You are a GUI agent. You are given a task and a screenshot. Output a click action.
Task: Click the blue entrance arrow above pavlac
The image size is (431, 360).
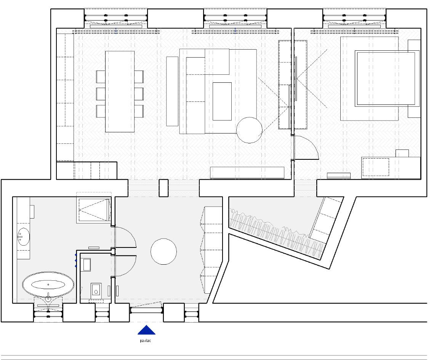pyautogui.click(x=146, y=330)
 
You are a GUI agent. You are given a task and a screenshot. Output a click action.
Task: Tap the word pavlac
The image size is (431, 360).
pyautogui.click(x=146, y=341)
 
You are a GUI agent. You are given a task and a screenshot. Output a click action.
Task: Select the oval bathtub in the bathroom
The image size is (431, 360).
pyautogui.click(x=48, y=284)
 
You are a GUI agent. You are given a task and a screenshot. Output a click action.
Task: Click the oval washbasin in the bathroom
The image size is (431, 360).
pyautogui.click(x=23, y=236)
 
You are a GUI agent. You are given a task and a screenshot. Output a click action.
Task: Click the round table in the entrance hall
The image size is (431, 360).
pyautogui.click(x=163, y=252)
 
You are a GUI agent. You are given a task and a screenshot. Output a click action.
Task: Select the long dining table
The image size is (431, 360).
pyautogui.click(x=120, y=91)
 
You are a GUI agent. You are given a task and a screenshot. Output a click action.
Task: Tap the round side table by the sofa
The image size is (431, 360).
pyautogui.click(x=249, y=130)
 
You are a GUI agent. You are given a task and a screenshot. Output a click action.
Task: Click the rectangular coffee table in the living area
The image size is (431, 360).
pyautogui.click(x=222, y=101)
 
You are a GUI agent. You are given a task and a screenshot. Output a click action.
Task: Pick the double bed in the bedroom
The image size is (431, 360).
pyautogui.click(x=386, y=79)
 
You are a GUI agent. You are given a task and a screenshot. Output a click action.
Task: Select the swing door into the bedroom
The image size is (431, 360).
pyautogui.click(x=306, y=148)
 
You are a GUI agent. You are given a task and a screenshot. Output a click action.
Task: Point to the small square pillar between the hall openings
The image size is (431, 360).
pyautogui.click(x=163, y=188)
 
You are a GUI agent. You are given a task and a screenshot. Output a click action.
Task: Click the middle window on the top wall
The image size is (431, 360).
pyautogui.click(x=235, y=18)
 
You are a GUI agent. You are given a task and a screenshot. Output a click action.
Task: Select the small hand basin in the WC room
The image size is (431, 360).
pyautogui.click(x=87, y=265)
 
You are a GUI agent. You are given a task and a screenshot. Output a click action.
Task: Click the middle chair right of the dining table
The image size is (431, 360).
pyautogui.click(x=139, y=94)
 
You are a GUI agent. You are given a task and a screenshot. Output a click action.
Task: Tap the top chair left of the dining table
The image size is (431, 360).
pyautogui.click(x=101, y=77)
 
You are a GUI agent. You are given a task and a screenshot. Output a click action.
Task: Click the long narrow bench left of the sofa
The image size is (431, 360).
pyautogui.click(x=172, y=91)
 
